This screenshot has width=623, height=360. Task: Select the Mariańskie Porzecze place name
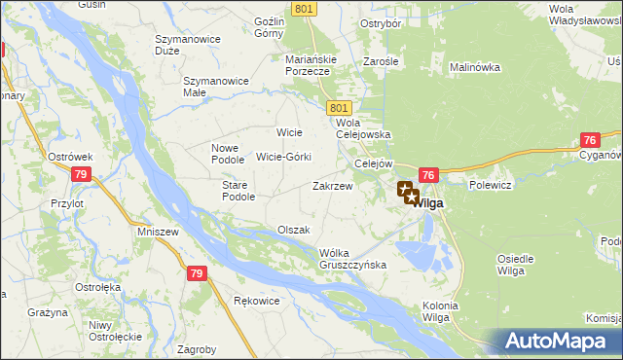click(311, 64)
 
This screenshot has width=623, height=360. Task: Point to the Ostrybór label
click(382, 23)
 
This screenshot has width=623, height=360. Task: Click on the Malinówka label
click(474, 67)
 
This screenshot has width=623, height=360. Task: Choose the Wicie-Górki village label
click(283, 157)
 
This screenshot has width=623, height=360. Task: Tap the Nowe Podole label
click(232, 154)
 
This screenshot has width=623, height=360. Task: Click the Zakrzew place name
click(331, 185)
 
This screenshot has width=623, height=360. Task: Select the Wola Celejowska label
click(362, 129)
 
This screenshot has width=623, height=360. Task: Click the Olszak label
click(293, 230)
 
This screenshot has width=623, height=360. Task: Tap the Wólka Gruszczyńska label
click(353, 259)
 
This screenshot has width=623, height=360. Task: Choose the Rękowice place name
click(257, 301)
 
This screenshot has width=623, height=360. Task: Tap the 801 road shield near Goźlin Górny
click(303, 9)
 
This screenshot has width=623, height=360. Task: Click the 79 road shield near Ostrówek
click(82, 174)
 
